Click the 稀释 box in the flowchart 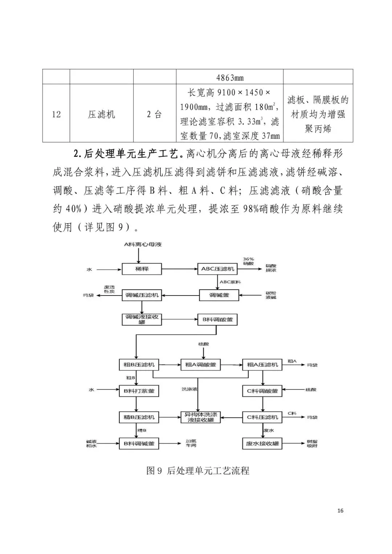point(142,269)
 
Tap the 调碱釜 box point(219,295)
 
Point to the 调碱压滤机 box point(142,295)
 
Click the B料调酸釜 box point(217,320)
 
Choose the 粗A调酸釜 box point(200,364)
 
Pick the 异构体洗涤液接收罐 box point(200,417)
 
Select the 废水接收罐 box point(262,444)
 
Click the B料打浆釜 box point(139,391)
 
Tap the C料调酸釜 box point(262,391)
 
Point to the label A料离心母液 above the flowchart point(143,244)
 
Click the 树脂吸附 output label point(312,444)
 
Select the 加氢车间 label point(191,444)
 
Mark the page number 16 point(340,511)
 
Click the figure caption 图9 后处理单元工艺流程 point(198,471)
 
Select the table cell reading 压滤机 point(101,114)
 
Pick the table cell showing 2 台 point(154,114)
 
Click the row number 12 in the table point(56,114)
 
